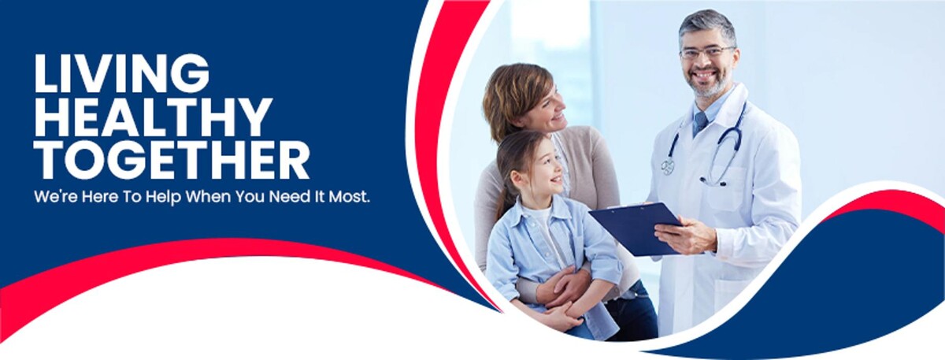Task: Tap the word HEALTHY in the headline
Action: [x=154, y=117]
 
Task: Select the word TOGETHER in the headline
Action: [x=172, y=161]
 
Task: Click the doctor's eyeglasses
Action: [x=706, y=52]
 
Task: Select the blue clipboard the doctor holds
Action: [x=636, y=228]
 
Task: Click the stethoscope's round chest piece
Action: [x=668, y=166]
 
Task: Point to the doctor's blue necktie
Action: [x=700, y=122]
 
